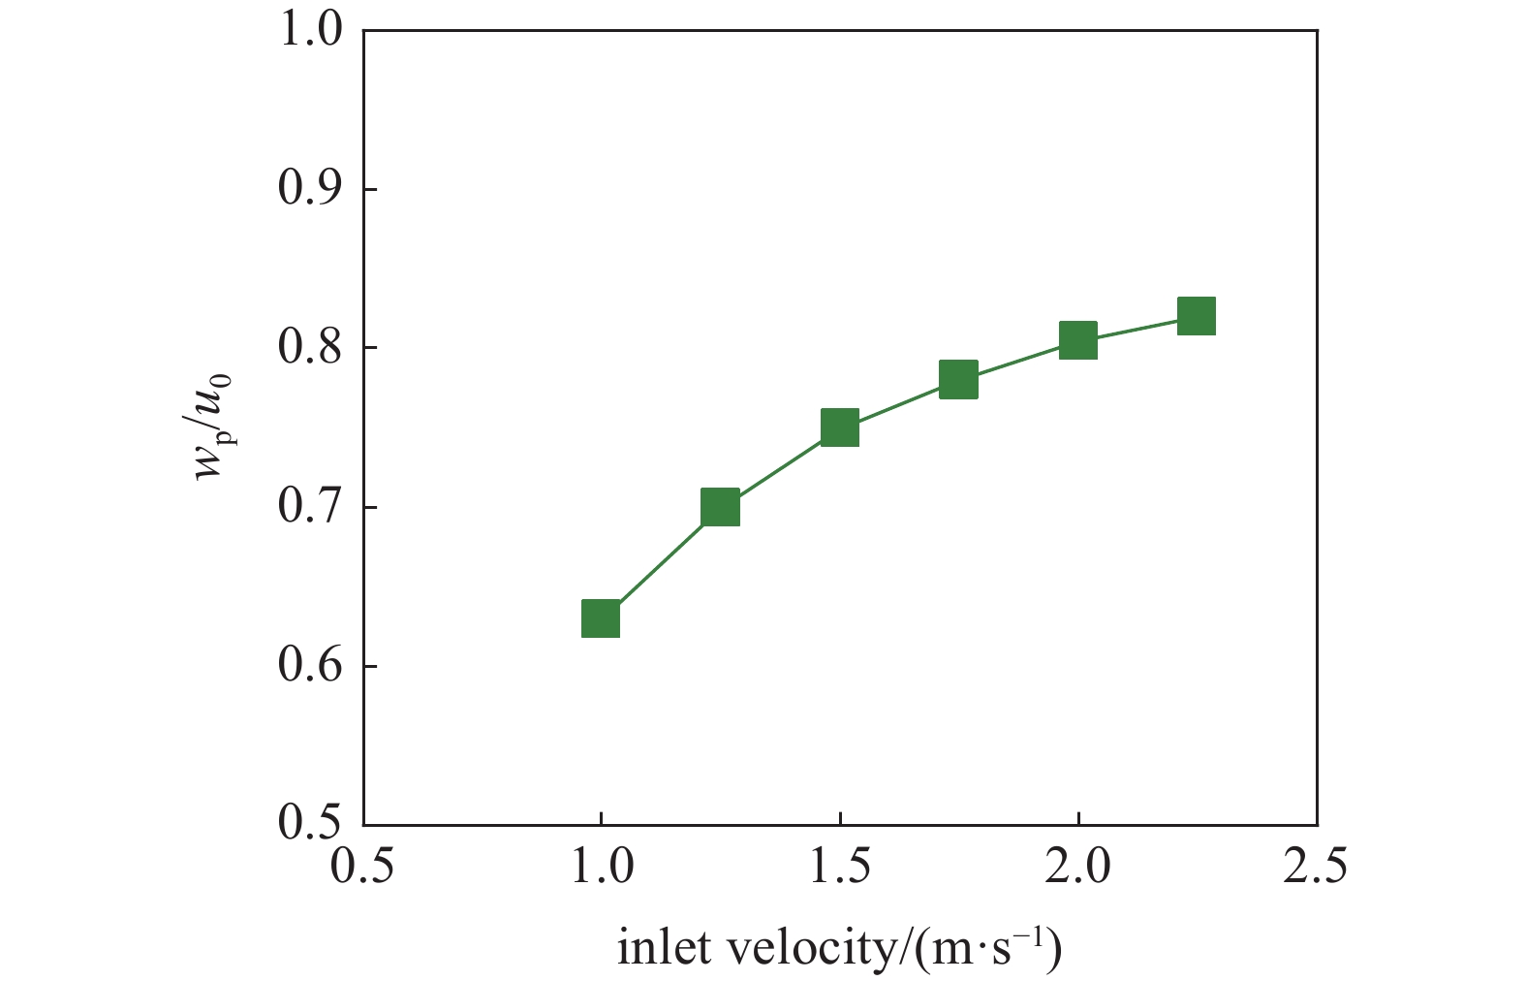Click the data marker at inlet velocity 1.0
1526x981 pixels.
pyautogui.click(x=601, y=618)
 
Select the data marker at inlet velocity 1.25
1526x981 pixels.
pyautogui.click(x=720, y=507)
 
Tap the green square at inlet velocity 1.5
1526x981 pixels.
pyautogui.click(x=840, y=427)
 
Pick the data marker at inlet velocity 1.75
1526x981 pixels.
pyautogui.click(x=958, y=379)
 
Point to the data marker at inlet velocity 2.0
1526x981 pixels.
pyautogui.click(x=1077, y=340)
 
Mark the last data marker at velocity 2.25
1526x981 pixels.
pyautogui.click(x=1197, y=316)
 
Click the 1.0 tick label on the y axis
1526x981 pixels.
pyautogui.click(x=310, y=31)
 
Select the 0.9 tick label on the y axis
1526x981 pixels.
pyautogui.click(x=310, y=189)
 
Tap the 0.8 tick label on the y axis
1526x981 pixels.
pyautogui.click(x=310, y=348)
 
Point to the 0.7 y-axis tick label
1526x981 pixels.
pyautogui.click(x=310, y=507)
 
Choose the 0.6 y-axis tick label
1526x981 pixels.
pyautogui.click(x=310, y=666)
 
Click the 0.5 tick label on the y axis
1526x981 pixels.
pyautogui.click(x=310, y=824)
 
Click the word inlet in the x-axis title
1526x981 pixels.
pyautogui.click(x=658, y=948)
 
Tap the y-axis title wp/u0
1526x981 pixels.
pyautogui.click(x=215, y=427)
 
